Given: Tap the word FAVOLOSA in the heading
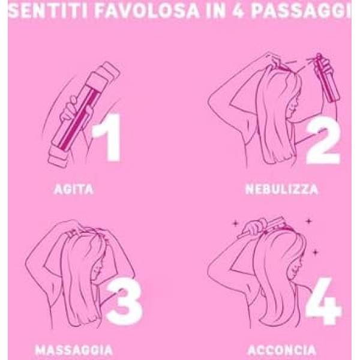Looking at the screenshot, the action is pos(147,11).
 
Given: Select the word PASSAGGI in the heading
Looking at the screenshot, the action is pos(301,11).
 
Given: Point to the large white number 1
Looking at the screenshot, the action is pos(108,137).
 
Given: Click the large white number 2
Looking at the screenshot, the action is pos(323,140).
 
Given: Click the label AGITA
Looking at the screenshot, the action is pos(74,190).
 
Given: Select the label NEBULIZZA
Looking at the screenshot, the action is pos(282,190).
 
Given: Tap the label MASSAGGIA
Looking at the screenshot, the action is pos(74,350).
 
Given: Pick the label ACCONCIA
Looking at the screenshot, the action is pos(282,350).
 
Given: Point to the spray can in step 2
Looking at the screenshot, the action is pos(327,78).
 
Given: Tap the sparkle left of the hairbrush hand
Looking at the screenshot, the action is pos(235,223).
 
